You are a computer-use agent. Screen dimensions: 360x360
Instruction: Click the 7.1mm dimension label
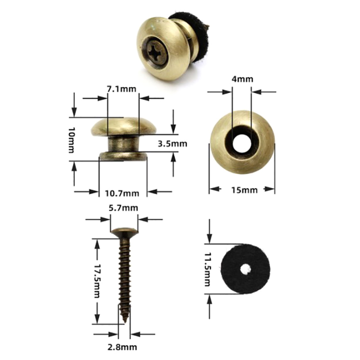tap(121, 89)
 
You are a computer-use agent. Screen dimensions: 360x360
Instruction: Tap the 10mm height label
tap(72, 140)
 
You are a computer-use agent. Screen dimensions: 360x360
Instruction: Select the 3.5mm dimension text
tap(172, 144)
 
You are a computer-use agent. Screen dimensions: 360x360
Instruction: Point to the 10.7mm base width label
tap(122, 193)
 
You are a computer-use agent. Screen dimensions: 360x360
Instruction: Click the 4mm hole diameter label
tap(242, 79)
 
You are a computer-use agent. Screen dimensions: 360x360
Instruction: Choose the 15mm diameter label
tap(244, 190)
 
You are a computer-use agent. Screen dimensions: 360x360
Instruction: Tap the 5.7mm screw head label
tap(123, 208)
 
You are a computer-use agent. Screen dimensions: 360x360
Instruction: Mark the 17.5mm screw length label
tap(98, 280)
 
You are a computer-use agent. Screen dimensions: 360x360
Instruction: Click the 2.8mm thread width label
tap(122, 347)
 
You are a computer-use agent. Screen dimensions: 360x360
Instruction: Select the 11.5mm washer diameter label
tap(207, 269)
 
